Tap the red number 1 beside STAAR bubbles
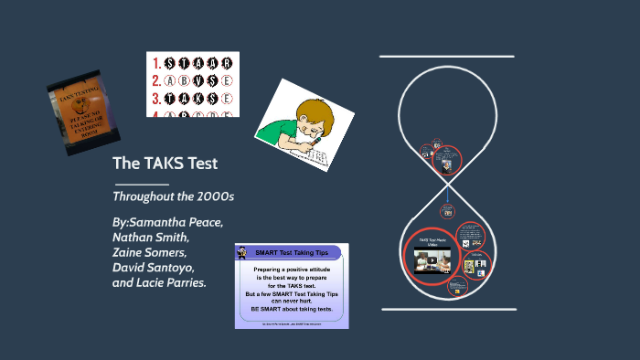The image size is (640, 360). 156,63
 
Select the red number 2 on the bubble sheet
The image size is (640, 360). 156,79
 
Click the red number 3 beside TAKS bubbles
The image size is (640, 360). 156,97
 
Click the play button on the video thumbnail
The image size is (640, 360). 433,259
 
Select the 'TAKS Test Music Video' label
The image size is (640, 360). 435,242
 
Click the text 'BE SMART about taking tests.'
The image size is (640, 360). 292,310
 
